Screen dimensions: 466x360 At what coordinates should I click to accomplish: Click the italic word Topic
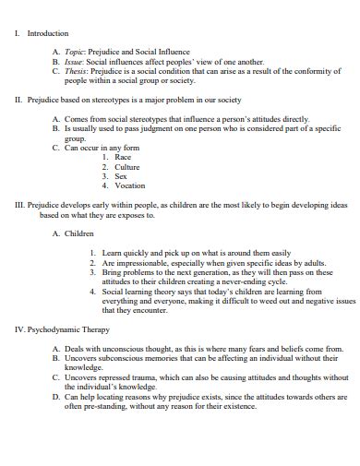click(x=76, y=54)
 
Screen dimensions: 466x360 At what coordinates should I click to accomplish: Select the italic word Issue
click(x=75, y=62)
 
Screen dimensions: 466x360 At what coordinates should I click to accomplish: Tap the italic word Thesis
click(x=78, y=71)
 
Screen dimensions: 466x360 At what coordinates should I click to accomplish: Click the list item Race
click(x=123, y=157)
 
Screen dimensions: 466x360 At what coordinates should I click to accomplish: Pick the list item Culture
click(x=127, y=166)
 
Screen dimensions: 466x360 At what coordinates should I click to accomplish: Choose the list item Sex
click(x=121, y=175)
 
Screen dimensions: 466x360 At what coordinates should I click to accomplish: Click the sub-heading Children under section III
click(x=80, y=233)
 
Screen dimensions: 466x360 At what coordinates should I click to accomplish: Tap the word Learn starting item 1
click(x=114, y=253)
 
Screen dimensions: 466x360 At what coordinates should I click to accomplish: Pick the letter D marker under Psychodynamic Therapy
click(x=56, y=395)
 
